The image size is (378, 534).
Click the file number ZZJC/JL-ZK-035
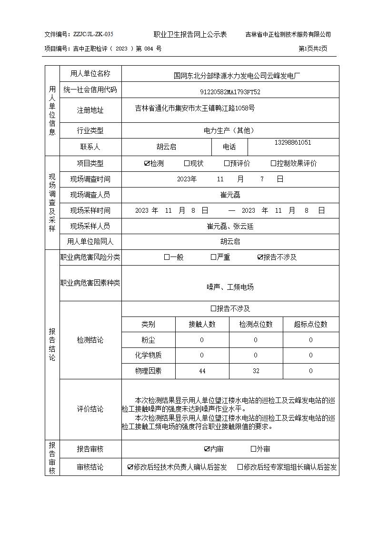click(93, 34)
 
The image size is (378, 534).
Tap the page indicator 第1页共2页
click(313, 49)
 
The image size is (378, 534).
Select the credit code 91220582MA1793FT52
click(230, 91)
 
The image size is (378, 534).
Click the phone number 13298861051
click(293, 143)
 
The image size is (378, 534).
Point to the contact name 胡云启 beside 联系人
click(166, 147)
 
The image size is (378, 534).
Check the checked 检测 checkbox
click(147, 164)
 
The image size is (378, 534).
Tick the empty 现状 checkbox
click(187, 164)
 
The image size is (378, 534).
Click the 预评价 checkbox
click(227, 164)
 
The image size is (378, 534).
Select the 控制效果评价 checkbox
click(273, 164)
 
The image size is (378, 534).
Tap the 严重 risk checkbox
click(213, 257)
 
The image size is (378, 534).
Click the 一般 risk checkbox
click(167, 257)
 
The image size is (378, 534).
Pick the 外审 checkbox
click(253, 449)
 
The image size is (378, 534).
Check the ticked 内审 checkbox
click(207, 449)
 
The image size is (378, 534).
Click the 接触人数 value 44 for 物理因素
click(202, 371)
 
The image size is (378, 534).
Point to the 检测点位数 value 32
click(256, 371)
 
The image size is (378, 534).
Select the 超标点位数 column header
click(311, 325)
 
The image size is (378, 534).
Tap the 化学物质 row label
click(149, 356)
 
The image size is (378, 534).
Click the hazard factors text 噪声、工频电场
click(230, 287)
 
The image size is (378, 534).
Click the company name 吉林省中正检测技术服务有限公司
click(288, 34)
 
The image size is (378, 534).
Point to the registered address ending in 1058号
click(195, 109)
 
